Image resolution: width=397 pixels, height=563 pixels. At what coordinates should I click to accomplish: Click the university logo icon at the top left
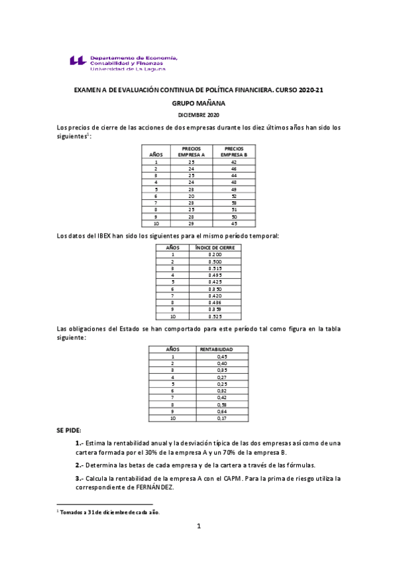(78, 61)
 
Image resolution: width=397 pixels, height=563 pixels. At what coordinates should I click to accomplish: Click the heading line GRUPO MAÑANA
(199, 104)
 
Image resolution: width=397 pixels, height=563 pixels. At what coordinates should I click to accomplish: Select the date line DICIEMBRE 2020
(199, 116)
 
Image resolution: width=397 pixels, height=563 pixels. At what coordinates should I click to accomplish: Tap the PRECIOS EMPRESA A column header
(191, 151)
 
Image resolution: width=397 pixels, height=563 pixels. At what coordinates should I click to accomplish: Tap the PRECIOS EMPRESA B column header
(234, 151)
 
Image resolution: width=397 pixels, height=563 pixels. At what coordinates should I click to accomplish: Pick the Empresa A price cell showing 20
(191, 197)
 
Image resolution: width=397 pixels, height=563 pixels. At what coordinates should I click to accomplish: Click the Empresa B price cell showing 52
(234, 197)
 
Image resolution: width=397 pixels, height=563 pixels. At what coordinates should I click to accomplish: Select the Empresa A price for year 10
(191, 223)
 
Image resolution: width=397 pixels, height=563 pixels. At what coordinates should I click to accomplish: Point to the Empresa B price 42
(234, 162)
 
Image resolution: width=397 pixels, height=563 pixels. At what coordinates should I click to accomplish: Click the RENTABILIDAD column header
(216, 349)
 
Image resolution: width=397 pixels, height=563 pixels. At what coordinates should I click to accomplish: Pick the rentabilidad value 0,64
(221, 412)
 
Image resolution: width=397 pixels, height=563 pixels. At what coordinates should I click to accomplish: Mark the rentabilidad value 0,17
(221, 419)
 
